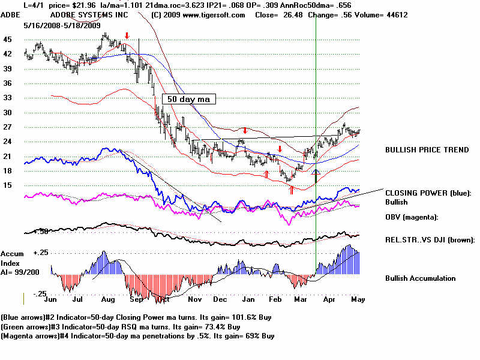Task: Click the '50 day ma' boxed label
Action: [188, 100]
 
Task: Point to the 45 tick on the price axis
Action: [7, 40]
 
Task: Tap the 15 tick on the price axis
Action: [7, 185]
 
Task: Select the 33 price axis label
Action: [7, 98]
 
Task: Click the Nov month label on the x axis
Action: [194, 298]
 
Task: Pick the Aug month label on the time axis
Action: [108, 298]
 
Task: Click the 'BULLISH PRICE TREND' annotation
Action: [427, 150]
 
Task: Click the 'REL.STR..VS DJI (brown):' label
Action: [430, 239]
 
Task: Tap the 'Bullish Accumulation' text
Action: [420, 278]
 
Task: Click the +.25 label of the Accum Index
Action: [41, 253]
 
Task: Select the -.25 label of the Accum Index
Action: [40, 293]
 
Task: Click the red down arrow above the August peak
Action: [126, 36]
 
